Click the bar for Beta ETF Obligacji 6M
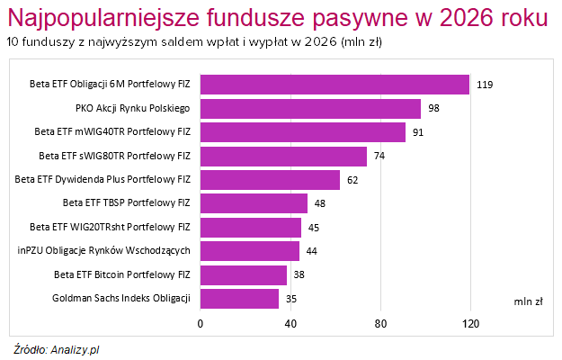335,85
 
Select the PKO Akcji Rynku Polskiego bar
310,108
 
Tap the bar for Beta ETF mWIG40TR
302,132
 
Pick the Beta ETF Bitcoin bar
243,274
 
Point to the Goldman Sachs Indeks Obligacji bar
239,298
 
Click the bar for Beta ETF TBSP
254,203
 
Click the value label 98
434,108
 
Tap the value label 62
353,180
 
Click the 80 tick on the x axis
380,323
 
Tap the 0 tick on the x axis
201,323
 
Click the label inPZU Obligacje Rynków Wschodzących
103,250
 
